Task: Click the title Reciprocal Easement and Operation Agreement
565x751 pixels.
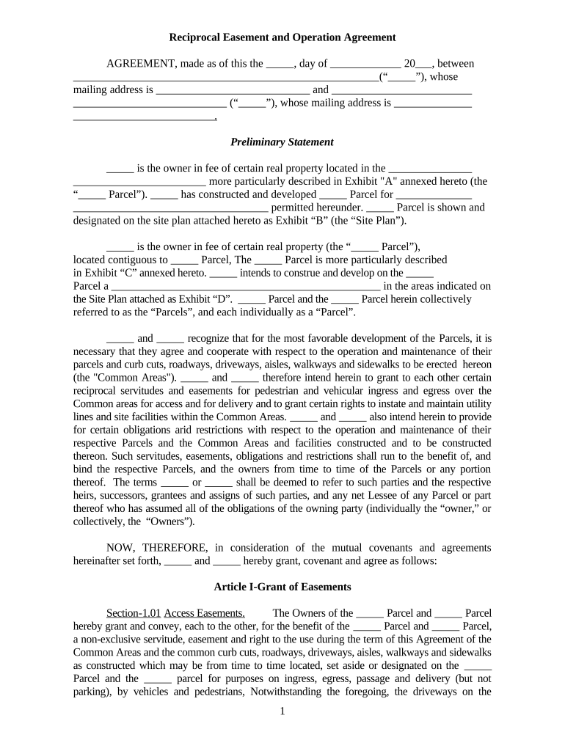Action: point(282,37)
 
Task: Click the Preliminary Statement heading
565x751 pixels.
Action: point(282,142)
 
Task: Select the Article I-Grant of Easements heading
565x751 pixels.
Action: point(282,587)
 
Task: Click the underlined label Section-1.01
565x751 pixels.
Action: point(133,613)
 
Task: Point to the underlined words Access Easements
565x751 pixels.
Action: point(204,613)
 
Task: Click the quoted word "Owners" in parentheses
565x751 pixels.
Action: point(169,521)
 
